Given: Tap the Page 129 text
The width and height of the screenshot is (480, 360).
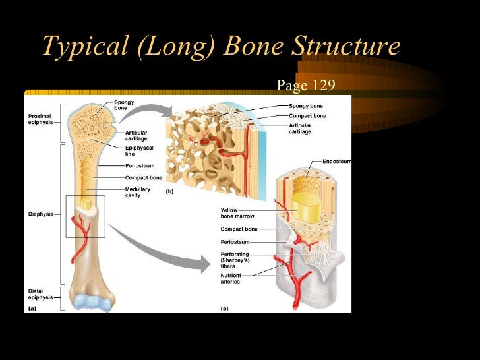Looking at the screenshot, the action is coord(306,85).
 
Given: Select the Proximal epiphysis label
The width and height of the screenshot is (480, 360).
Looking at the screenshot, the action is coord(40,119).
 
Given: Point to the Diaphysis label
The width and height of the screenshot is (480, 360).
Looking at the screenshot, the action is coord(40,214).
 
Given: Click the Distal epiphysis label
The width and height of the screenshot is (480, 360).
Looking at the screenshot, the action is coord(39,294).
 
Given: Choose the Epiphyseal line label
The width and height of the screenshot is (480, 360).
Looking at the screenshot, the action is coord(139,151).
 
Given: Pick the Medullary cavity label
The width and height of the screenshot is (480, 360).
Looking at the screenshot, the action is coord(138,192).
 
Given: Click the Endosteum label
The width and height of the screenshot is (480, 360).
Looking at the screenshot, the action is coord(336,160).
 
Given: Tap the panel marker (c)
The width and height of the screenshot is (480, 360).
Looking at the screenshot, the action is coord(225,308).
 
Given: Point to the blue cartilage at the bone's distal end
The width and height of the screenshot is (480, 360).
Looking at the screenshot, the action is coord(92,302).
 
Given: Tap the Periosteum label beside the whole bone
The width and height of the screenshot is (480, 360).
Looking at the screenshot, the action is coord(139,165).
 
